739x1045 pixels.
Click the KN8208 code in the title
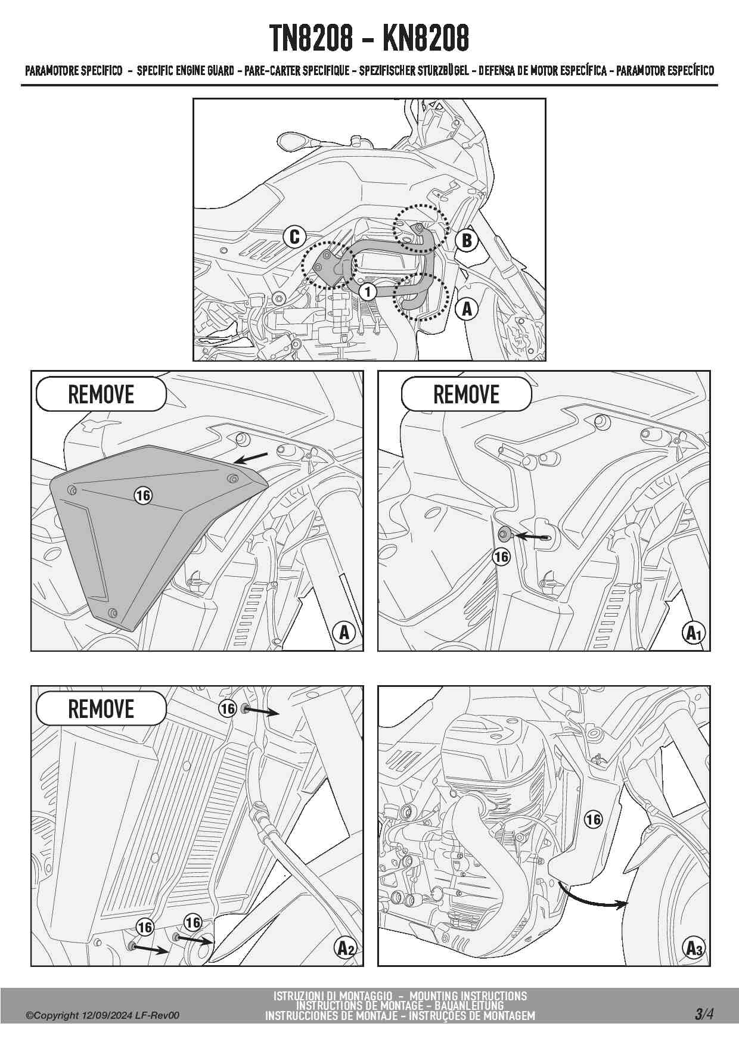(x=426, y=38)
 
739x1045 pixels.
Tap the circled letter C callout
(x=294, y=237)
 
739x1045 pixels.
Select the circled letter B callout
(x=467, y=240)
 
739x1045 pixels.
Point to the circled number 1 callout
(x=368, y=291)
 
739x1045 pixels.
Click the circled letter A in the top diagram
(x=467, y=309)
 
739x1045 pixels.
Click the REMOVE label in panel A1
(x=466, y=394)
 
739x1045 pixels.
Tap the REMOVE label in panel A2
(x=101, y=709)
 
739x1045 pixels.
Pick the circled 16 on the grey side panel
(x=143, y=495)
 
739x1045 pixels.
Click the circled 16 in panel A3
(x=593, y=819)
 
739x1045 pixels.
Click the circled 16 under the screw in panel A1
(x=502, y=556)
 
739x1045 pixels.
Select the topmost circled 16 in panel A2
(x=228, y=708)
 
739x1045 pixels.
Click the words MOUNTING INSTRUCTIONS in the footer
(x=468, y=996)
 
